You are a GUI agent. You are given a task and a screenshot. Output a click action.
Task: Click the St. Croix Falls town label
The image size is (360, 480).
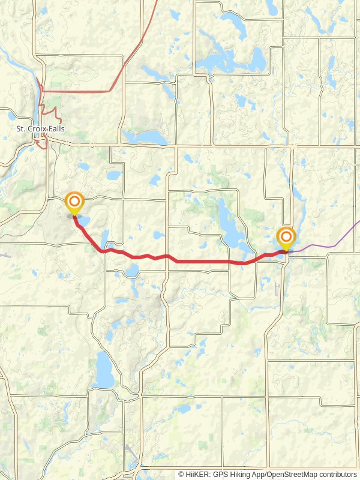tap(40, 129)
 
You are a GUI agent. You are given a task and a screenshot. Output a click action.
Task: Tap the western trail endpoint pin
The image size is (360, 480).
tap(74, 203)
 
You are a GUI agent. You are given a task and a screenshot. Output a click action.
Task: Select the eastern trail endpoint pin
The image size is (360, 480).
tap(286, 238)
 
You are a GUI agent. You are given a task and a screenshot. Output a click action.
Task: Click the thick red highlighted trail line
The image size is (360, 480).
tap(204, 262)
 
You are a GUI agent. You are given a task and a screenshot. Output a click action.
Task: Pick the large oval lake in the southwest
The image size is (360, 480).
tap(103, 370)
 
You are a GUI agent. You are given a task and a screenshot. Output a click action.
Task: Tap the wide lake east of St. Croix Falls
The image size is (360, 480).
tap(147, 137)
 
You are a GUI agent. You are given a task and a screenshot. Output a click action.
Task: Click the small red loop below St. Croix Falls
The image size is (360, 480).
tap(41, 143)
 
